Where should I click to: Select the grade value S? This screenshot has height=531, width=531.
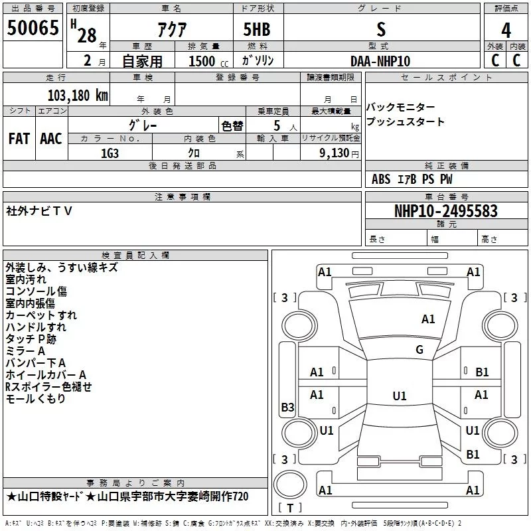[380, 29]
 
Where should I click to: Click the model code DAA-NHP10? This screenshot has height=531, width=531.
[380, 61]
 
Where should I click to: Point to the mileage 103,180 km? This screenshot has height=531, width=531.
[78, 95]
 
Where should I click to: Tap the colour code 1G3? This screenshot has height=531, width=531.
[110, 153]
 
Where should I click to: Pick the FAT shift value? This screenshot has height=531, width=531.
[19, 139]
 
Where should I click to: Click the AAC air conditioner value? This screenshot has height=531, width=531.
[51, 139]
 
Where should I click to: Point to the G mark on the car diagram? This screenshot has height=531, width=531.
[419, 350]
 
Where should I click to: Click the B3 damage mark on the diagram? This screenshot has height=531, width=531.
[287, 407]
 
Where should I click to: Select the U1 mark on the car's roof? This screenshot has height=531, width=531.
[399, 396]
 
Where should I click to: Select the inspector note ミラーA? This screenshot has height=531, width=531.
[25, 350]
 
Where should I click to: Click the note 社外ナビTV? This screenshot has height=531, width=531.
[39, 210]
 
